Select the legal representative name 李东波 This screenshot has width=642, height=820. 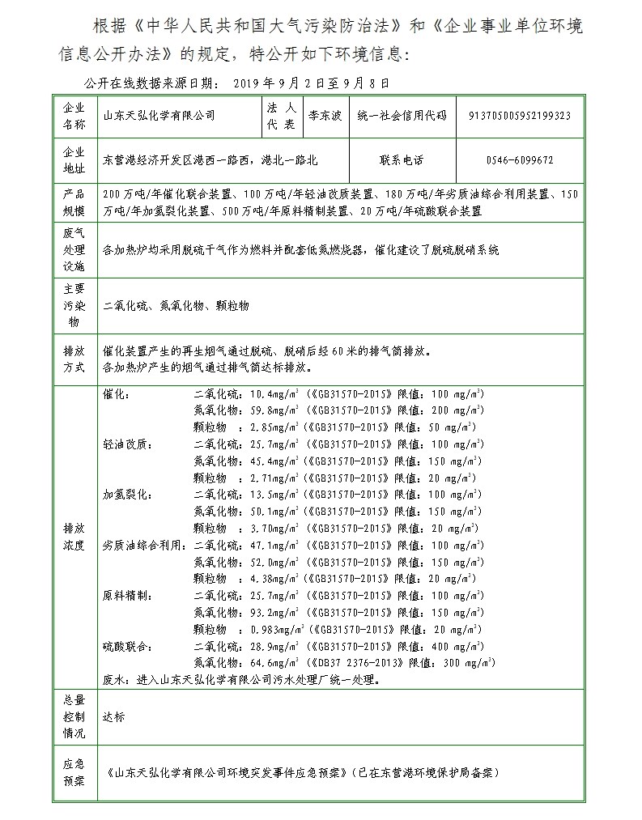click(x=324, y=116)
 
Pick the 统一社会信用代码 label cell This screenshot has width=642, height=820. click(x=402, y=116)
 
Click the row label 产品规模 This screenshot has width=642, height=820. click(x=74, y=202)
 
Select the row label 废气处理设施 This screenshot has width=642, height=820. click(x=74, y=249)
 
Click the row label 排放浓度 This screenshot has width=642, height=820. click(x=74, y=536)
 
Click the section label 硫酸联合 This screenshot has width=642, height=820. click(x=127, y=646)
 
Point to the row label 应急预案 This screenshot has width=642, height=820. click(x=74, y=772)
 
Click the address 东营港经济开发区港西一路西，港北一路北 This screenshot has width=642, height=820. click(x=210, y=160)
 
